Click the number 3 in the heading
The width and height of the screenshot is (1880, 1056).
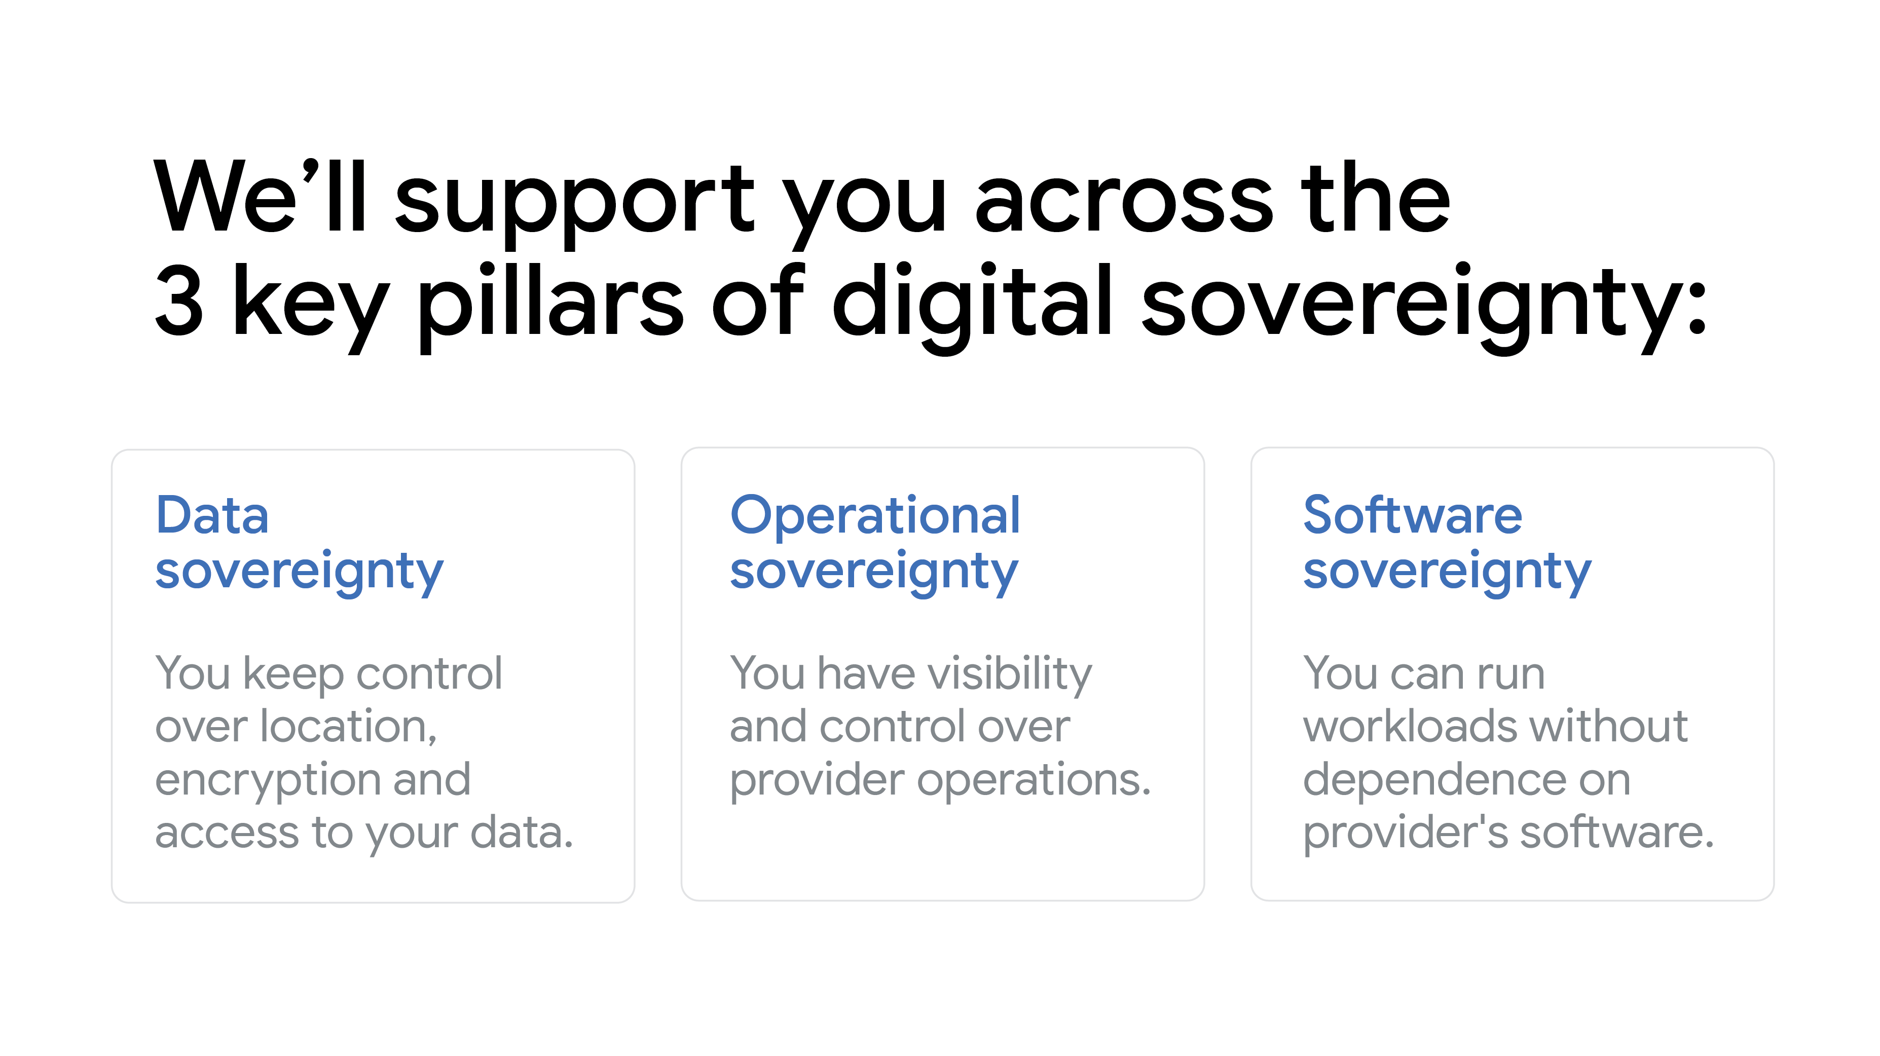click(x=179, y=300)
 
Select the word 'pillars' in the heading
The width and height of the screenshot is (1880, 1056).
click(x=551, y=307)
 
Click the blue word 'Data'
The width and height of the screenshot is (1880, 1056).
click(x=212, y=515)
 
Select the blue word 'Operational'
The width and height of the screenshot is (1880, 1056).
click(x=875, y=515)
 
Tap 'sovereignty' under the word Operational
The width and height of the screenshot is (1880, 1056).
click(x=874, y=574)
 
